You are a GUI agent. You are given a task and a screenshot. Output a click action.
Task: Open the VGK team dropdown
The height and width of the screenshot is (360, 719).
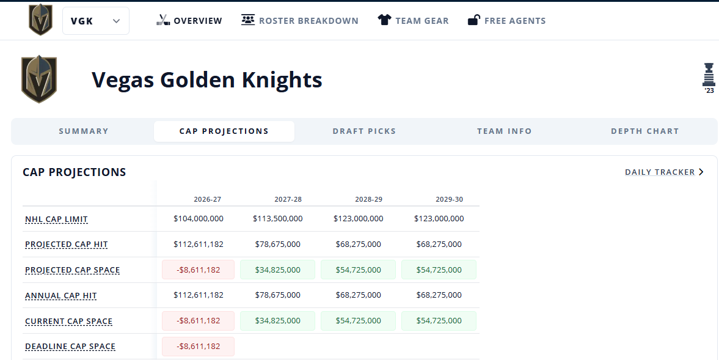(96, 21)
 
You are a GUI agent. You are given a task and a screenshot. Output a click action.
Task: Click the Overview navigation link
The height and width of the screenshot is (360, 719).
(189, 21)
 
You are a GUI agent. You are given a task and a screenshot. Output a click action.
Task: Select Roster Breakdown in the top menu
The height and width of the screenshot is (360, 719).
(300, 21)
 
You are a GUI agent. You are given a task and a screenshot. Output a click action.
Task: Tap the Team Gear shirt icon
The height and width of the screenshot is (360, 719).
(384, 20)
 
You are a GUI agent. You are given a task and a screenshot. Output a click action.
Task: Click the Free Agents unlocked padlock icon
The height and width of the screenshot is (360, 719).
(473, 20)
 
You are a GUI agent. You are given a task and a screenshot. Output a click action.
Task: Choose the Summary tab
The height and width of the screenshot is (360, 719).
(84, 131)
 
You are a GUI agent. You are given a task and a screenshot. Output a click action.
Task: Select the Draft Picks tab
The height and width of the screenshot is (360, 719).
(364, 131)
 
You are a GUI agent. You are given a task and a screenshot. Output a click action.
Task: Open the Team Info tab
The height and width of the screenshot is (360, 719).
(505, 131)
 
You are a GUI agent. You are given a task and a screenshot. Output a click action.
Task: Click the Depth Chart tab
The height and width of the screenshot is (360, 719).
(644, 131)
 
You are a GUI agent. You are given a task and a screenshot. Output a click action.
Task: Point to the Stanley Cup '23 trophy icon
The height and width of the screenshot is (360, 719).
(709, 78)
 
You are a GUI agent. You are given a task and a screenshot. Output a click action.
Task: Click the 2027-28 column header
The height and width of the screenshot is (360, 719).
(288, 199)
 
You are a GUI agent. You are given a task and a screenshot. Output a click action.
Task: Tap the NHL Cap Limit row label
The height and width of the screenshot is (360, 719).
(56, 219)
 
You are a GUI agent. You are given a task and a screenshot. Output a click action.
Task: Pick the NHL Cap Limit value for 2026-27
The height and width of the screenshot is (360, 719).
(199, 219)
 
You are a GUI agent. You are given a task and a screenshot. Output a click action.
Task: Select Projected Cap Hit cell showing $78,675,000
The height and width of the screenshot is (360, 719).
(278, 244)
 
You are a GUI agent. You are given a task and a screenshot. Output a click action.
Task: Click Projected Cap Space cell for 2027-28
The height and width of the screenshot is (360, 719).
(277, 270)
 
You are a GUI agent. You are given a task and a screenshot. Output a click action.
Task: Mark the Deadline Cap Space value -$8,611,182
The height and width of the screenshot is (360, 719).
(198, 346)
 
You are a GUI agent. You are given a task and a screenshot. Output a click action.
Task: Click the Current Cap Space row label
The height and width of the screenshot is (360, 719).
(69, 321)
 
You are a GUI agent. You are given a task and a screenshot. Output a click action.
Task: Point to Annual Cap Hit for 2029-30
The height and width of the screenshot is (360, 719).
(439, 295)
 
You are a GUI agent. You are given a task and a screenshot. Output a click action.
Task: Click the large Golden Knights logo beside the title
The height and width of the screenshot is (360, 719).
(39, 79)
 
